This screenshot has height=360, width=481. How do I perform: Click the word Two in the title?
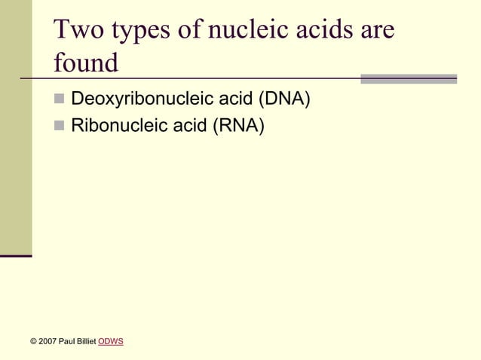pyautogui.click(x=80, y=31)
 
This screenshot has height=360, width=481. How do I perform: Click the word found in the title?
pyautogui.click(x=86, y=63)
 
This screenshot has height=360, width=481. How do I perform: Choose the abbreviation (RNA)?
pyautogui.click(x=238, y=125)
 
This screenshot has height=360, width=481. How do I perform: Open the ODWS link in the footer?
pyautogui.click(x=111, y=342)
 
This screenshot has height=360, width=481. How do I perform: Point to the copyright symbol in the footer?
pyautogui.click(x=33, y=342)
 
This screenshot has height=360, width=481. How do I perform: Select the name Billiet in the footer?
pyautogui.click(x=85, y=342)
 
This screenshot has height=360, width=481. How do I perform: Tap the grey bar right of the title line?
pyautogui.click(x=409, y=78)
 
